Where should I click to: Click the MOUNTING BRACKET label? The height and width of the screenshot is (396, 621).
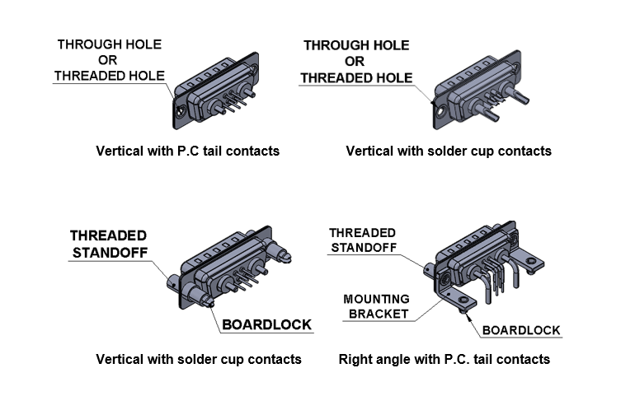(375, 305)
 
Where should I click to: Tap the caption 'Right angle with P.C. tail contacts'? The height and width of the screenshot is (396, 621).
(445, 359)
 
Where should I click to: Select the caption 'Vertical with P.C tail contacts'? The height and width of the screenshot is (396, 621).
(187, 151)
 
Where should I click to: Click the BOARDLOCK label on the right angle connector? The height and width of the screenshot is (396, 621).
(521, 330)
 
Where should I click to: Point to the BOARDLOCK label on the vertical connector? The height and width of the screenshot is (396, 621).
(266, 324)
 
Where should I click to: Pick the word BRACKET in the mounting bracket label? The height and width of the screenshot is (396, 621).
(376, 314)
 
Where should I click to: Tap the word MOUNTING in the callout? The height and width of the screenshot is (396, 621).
(375, 298)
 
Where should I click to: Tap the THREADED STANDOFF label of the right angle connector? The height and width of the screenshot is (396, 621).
(362, 240)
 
